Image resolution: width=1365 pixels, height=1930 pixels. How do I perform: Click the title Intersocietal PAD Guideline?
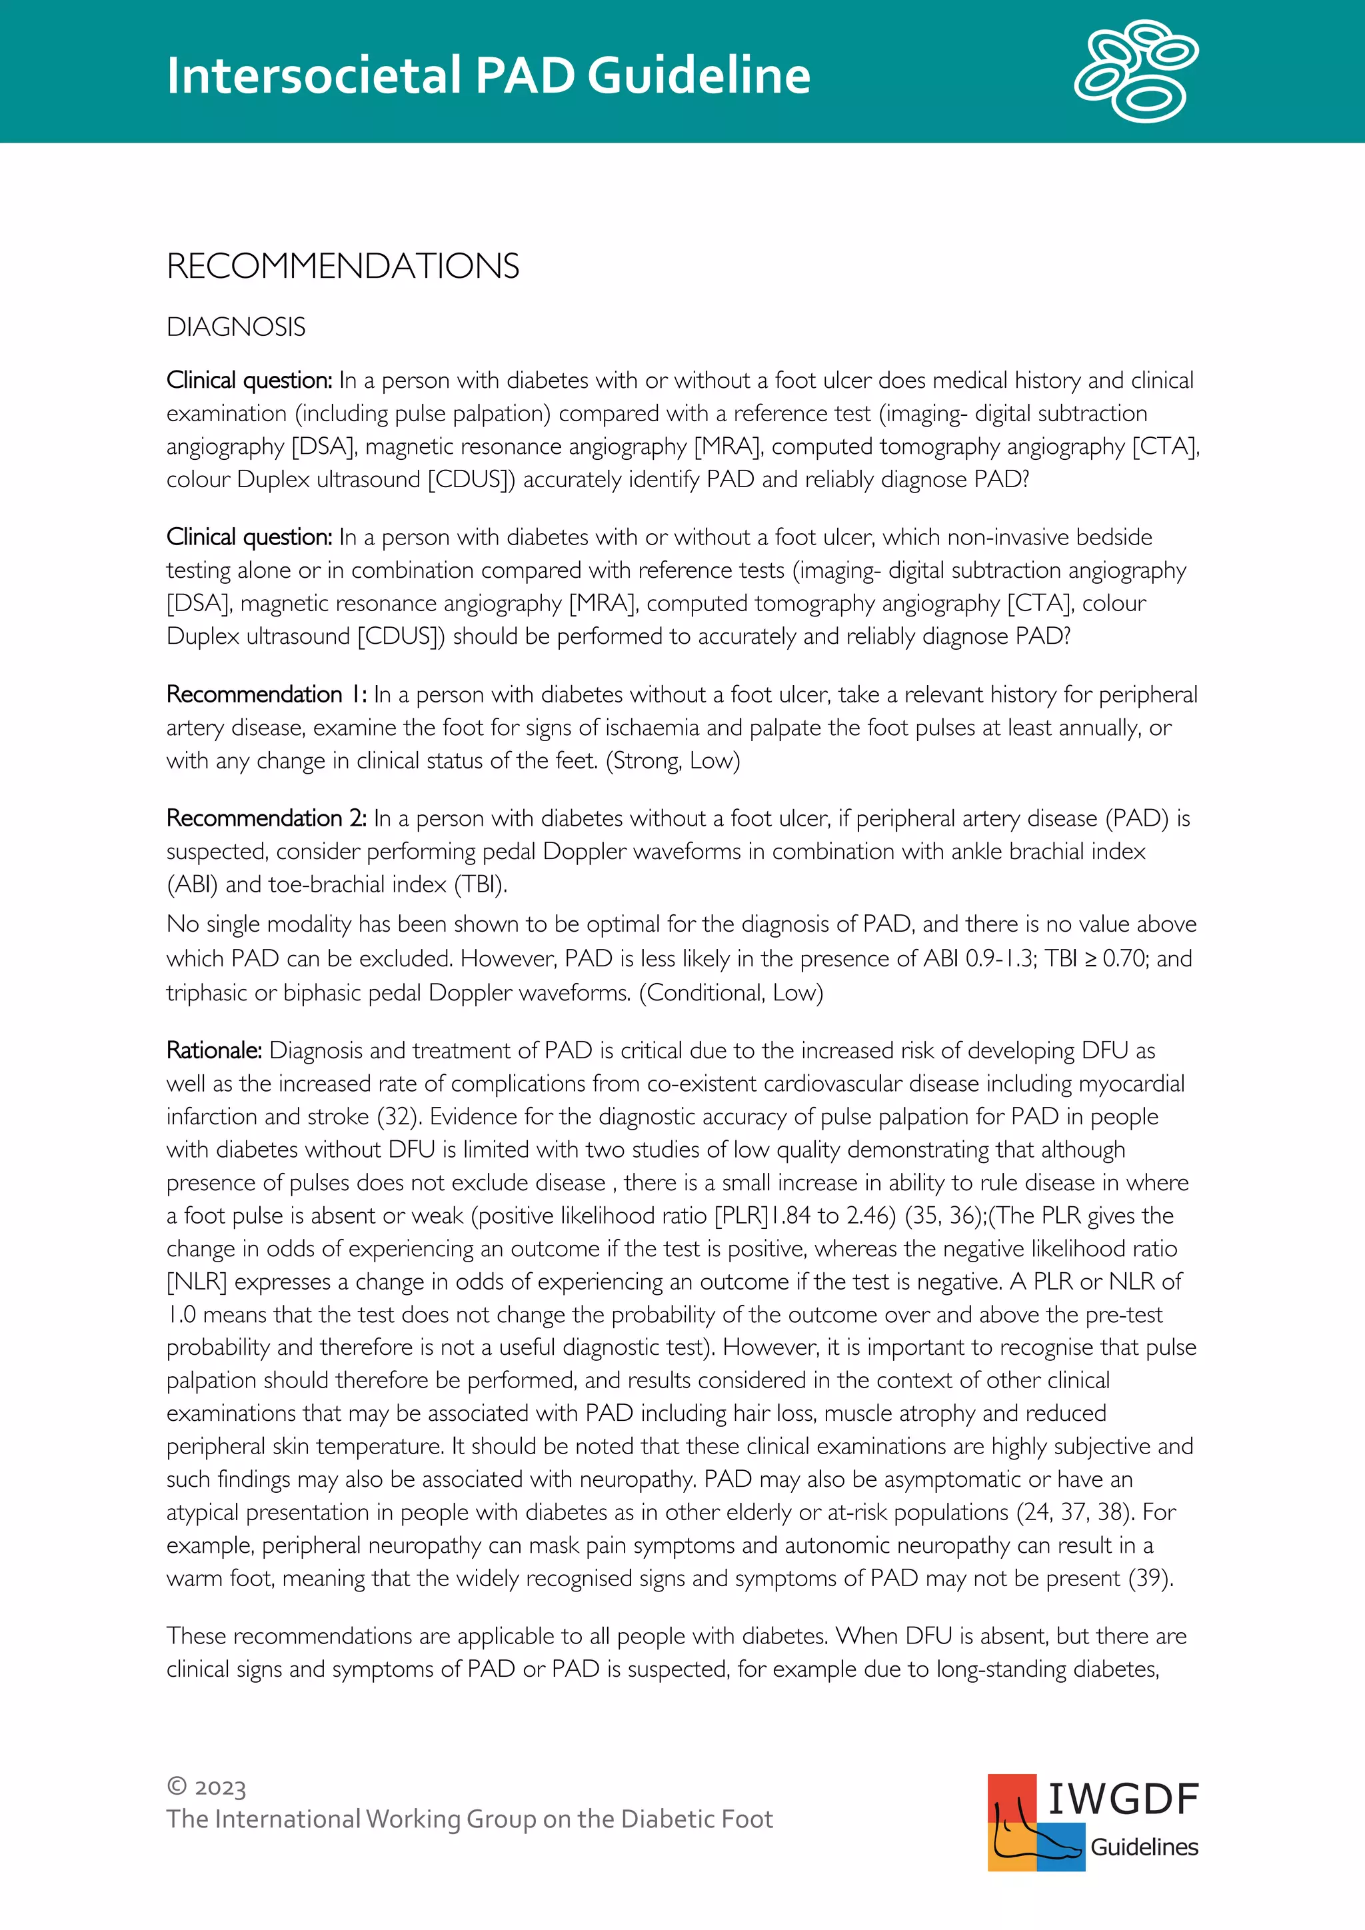487,76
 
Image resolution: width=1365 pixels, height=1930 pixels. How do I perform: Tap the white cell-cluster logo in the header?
1136,71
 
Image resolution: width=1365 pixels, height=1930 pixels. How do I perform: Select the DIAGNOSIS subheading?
235,327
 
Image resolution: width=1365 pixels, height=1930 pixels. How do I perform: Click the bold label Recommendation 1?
266,694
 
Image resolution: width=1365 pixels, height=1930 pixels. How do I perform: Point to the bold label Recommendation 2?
266,818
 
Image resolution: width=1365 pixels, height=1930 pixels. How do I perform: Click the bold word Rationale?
213,1051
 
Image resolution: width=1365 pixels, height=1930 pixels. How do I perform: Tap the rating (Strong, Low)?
673,760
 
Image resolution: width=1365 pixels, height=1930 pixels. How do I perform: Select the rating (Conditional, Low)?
730,993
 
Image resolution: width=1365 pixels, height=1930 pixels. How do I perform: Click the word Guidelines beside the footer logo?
1144,1847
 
